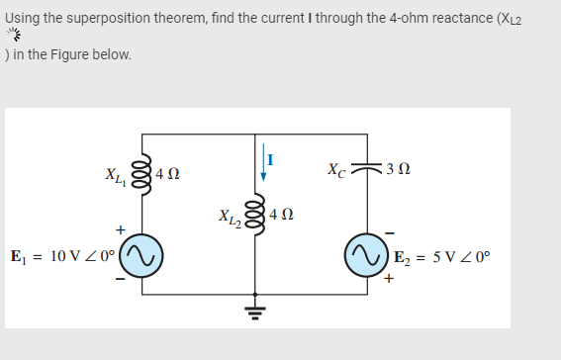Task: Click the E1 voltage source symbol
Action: point(140,255)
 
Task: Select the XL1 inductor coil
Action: point(140,171)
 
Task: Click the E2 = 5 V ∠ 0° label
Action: point(441,259)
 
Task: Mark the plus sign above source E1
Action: point(121,230)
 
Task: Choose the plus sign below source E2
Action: point(389,279)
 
